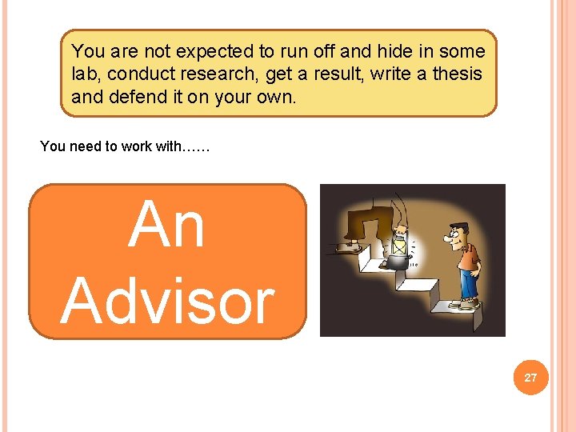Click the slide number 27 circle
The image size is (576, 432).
[x=530, y=377]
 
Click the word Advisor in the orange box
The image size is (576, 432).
[x=167, y=302]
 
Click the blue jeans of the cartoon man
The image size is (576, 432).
[x=466, y=285]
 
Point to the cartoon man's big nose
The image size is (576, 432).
[x=449, y=238]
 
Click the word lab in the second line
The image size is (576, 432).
[x=85, y=74]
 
